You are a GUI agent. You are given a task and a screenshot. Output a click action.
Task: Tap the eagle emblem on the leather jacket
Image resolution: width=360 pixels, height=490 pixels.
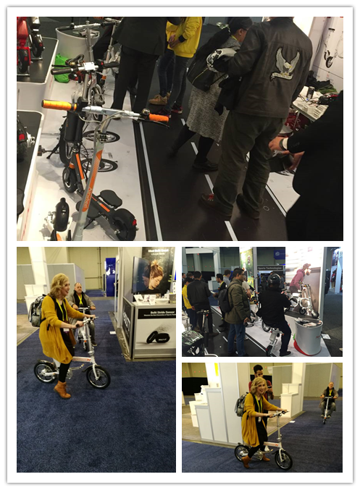coord(285,65)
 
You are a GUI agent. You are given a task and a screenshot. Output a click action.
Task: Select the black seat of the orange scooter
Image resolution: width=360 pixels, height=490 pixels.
coord(110,197)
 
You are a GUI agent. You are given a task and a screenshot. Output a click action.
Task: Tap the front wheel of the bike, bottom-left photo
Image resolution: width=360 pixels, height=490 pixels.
coord(98,376)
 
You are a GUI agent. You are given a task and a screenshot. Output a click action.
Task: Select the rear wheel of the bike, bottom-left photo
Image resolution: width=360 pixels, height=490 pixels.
coord(45,371)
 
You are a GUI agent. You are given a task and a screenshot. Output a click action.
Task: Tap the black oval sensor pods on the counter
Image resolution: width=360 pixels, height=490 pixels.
coord(157,337)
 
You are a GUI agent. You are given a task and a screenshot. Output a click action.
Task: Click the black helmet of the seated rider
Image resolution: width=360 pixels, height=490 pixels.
coord(275,281)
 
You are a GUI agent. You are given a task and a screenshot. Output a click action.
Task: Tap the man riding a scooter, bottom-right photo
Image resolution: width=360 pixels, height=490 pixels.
coord(329,400)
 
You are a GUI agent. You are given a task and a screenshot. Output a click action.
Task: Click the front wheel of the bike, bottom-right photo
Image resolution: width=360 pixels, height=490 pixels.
coord(283,458)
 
